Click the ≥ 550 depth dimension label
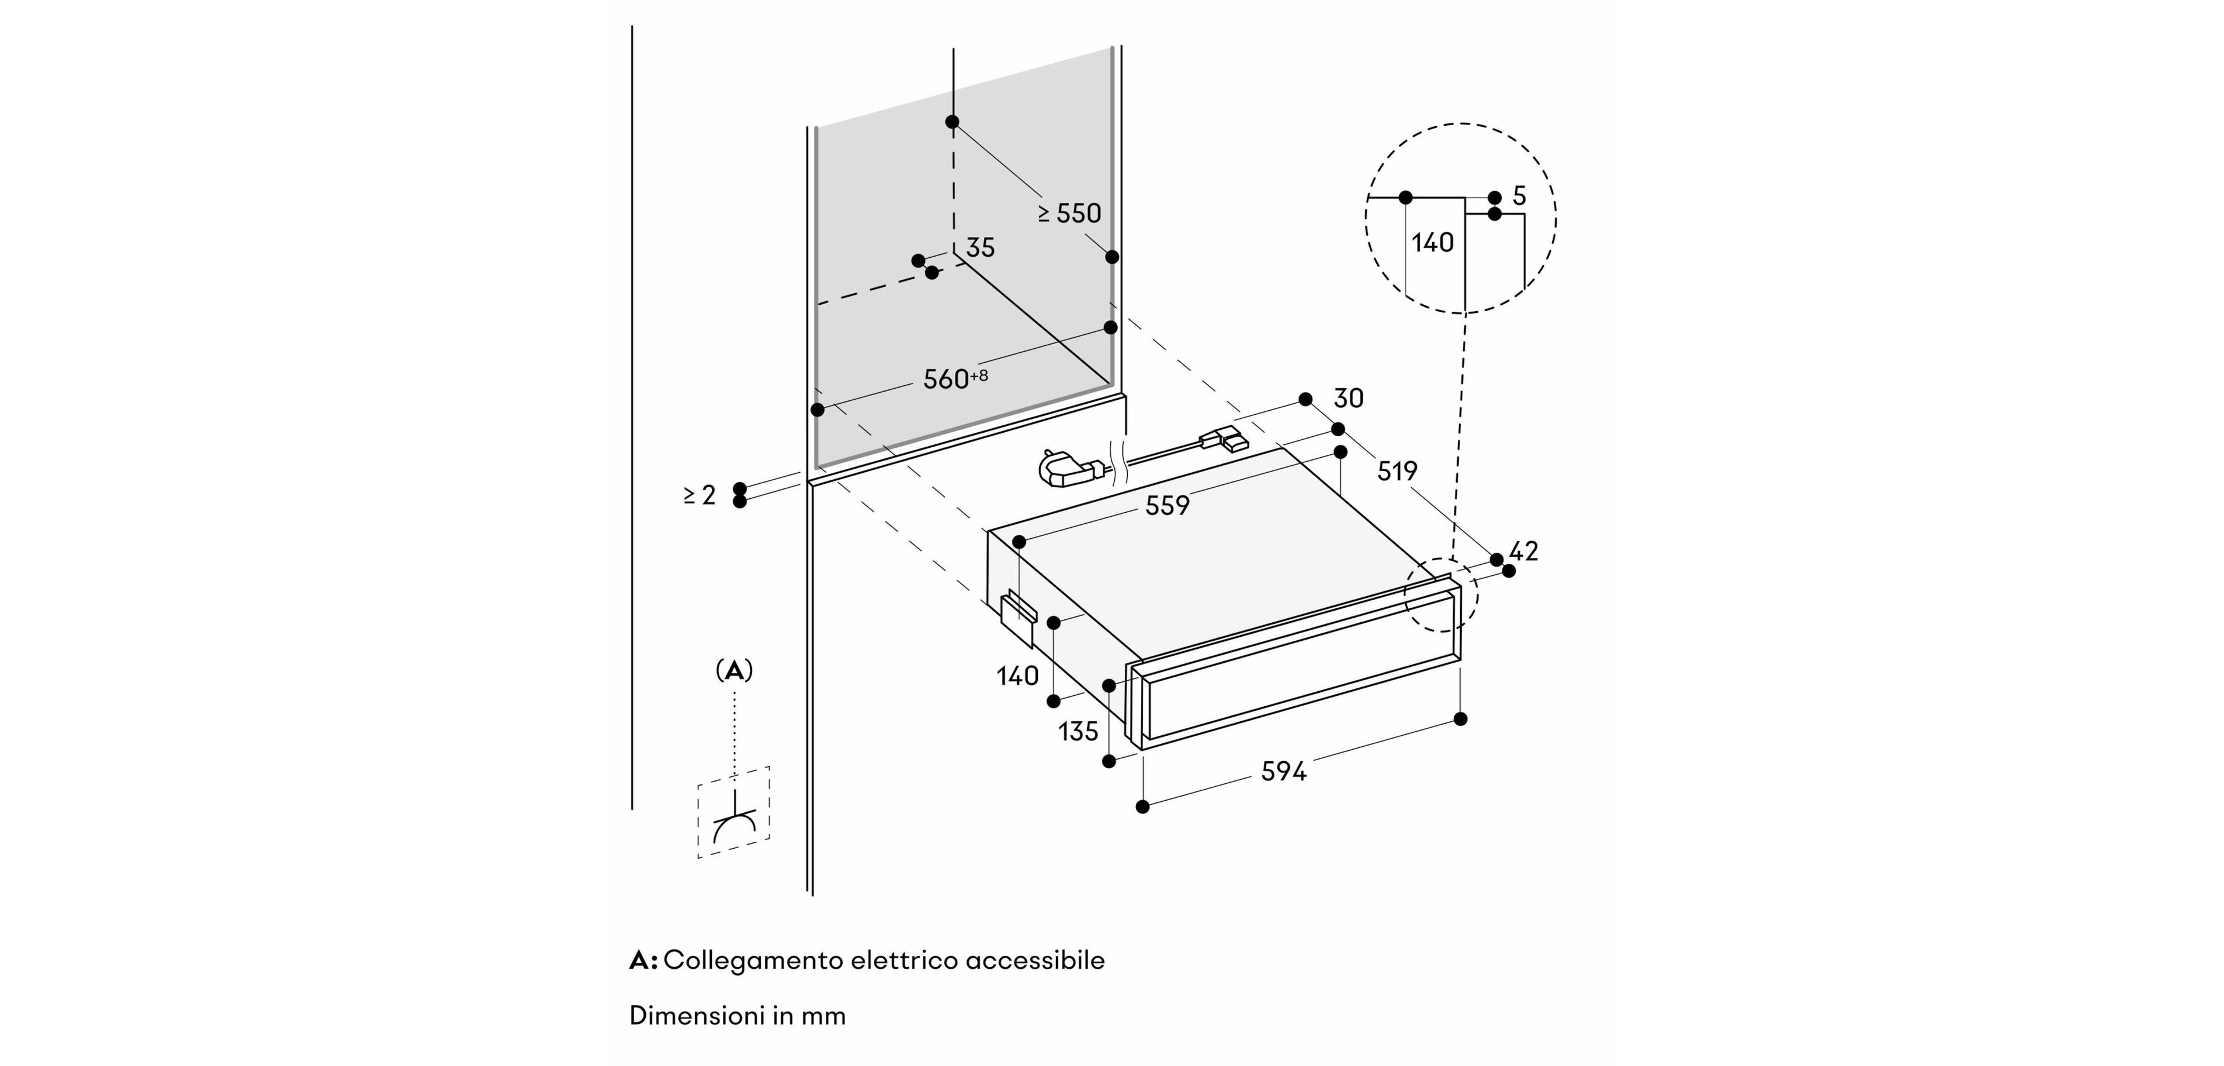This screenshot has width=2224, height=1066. coord(1070,213)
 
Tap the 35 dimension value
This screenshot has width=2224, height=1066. coord(980,248)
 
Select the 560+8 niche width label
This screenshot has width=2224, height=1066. coord(954,378)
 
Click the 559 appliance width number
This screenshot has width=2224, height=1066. coord(1167,505)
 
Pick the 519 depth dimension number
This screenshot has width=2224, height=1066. coord(1397,471)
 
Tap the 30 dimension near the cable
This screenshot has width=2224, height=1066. coord(1348,398)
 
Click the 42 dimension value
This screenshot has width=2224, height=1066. coord(1524,551)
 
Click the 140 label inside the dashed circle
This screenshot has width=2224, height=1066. coord(1432,243)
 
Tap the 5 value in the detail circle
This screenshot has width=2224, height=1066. coord(1520,196)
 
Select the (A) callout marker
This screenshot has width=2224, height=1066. coord(734,670)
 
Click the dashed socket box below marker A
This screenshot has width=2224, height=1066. coord(734,812)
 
